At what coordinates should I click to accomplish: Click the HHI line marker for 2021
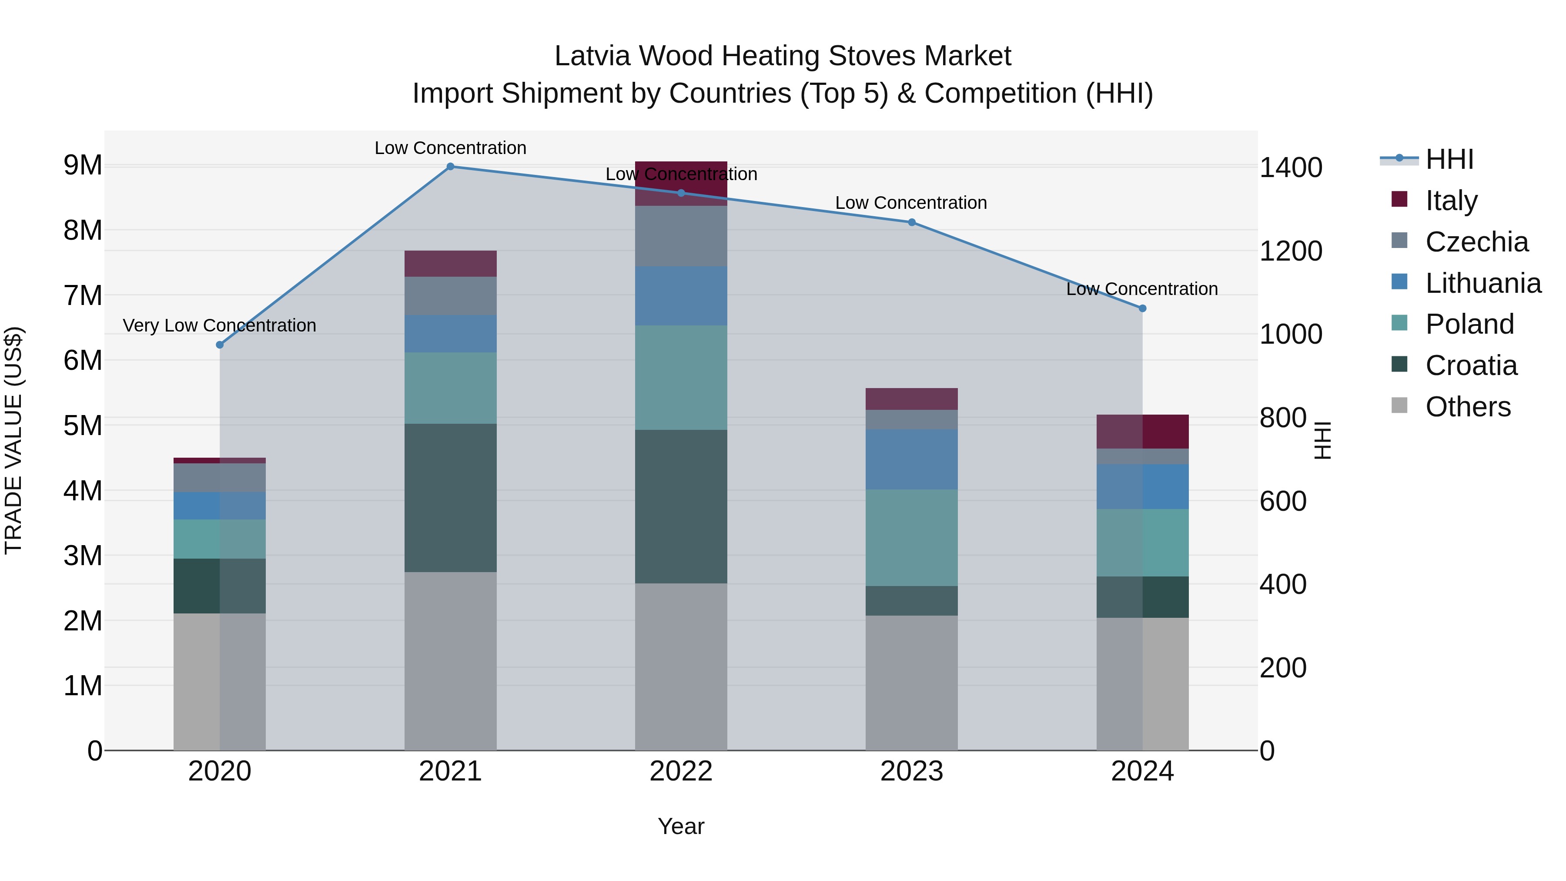coord(451,167)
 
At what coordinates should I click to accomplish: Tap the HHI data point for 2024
coord(1142,309)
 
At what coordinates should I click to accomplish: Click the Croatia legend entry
coord(1471,365)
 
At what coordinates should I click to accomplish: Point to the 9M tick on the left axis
coord(83,165)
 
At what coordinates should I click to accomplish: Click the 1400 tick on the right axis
coord(1290,168)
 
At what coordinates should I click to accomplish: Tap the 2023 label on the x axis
coord(911,771)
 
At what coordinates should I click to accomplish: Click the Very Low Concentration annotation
coord(220,325)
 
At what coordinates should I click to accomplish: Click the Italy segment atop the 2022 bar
coord(681,183)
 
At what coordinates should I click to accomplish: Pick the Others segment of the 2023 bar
coord(911,682)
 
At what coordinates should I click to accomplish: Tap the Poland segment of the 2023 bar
coord(911,537)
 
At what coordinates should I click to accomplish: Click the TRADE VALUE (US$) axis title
coord(13,440)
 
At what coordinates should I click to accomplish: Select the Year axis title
coord(681,826)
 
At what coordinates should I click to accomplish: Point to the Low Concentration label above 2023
coord(910,202)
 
